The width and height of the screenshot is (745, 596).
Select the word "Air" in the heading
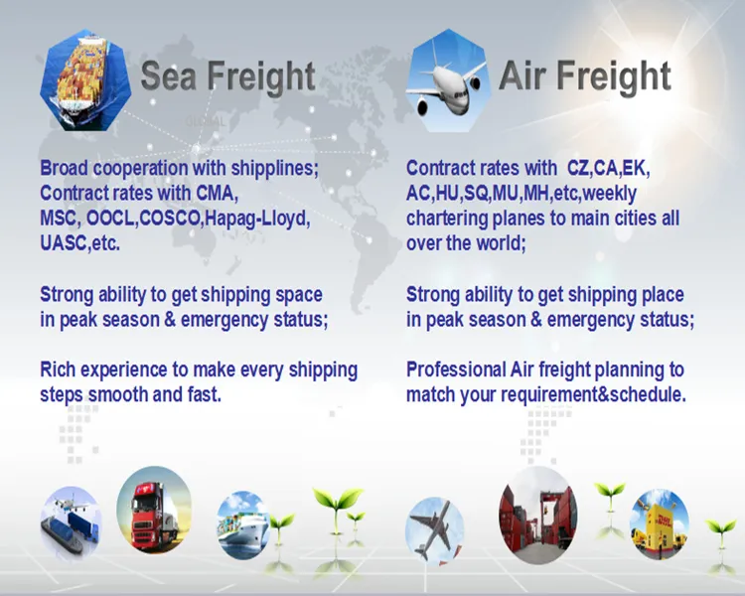pos(523,76)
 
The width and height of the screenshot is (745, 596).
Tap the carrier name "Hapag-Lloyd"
pos(256,218)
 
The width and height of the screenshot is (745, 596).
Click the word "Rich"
pos(62,371)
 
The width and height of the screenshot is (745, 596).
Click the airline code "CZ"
pos(579,168)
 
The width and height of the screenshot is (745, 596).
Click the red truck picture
pos(153,510)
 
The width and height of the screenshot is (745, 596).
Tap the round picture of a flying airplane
pos(435,529)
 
